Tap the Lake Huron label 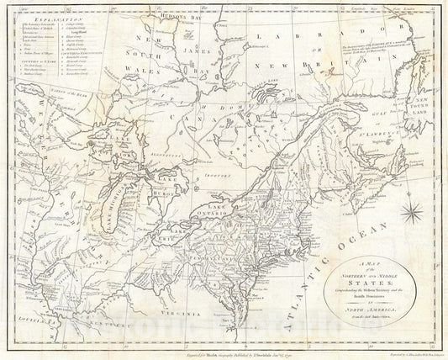tap(157, 187)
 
